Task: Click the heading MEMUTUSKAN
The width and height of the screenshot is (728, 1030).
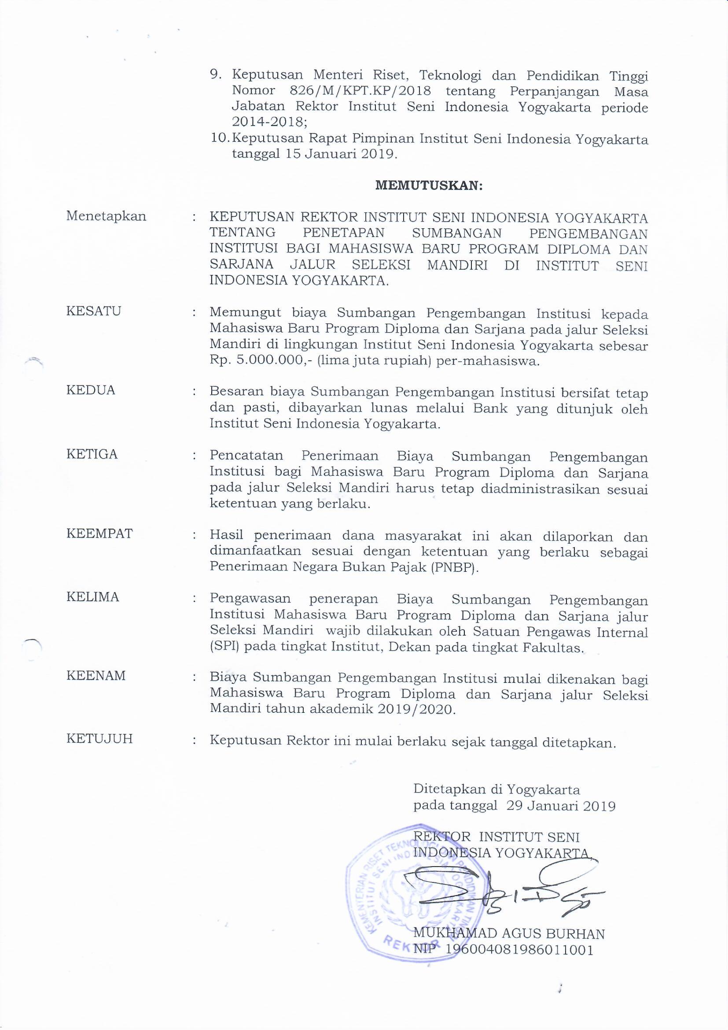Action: point(429,186)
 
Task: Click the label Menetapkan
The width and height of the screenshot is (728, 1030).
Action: point(106,216)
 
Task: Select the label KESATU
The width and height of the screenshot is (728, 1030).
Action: point(94,311)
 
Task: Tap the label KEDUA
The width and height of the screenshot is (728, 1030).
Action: point(91,390)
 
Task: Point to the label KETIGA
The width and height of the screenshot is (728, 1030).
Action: point(92,455)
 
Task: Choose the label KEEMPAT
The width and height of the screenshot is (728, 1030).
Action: point(99,534)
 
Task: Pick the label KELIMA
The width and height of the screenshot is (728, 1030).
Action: point(93,597)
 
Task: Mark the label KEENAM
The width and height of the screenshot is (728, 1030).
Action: point(96,676)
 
